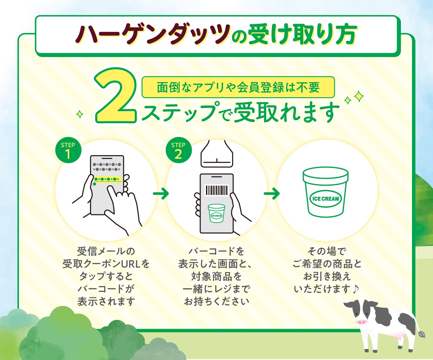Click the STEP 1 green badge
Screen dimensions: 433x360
[68, 150]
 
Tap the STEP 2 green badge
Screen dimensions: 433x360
[179, 150]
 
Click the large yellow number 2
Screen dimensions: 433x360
[115, 96]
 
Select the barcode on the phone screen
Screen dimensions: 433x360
[216, 190]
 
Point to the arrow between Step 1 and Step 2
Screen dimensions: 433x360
[161, 194]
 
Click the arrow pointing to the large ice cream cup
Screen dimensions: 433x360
[272, 194]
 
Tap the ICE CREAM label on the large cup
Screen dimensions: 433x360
[326, 199]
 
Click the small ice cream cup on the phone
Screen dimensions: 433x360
[216, 213]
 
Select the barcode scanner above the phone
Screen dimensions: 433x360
[217, 154]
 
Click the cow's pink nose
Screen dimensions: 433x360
[361, 322]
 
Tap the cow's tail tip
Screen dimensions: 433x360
[422, 334]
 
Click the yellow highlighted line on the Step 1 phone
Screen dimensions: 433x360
[108, 179]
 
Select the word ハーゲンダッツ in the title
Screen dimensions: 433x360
[153, 34]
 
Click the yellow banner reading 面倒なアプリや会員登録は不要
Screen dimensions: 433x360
[238, 87]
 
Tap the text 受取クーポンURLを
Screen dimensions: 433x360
[106, 264]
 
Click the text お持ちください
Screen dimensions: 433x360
[216, 301]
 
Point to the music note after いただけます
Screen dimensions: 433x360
[355, 289]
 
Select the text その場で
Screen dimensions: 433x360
[327, 251]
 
